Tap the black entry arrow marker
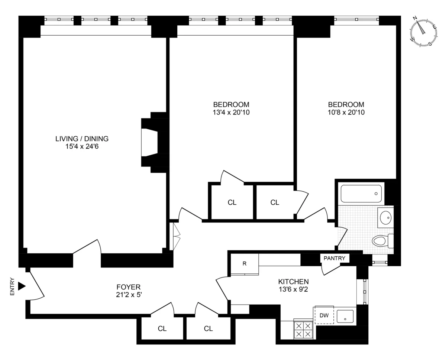pos(22,286)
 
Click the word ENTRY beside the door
pos(12,286)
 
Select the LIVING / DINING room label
pos(82,139)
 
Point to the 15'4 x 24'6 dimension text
pos(82,147)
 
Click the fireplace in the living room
pos(151,142)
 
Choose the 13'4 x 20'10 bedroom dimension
pos(231,112)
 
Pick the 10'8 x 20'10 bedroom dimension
pos(346,112)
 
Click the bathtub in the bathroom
pos(361,194)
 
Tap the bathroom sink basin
pos(386,217)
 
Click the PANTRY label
pos(334,258)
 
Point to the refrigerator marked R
pos(244,264)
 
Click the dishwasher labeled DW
pos(324,315)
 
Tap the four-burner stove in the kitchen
pos(303,329)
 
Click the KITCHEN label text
pos(294,282)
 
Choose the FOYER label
pos(129,287)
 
